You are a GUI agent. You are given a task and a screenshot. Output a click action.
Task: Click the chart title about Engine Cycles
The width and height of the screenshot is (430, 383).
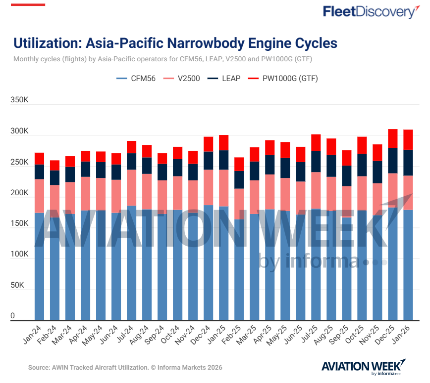click(175, 43)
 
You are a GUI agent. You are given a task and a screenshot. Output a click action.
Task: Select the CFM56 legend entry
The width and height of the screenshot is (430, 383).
click(137, 78)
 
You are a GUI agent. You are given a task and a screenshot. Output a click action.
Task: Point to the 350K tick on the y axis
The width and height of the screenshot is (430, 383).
click(20, 100)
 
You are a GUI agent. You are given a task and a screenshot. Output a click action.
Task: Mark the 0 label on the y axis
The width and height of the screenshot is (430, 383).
click(13, 316)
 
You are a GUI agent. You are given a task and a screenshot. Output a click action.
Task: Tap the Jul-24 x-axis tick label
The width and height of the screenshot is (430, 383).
click(126, 334)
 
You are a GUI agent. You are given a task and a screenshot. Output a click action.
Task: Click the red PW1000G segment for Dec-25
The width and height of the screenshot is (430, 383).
click(393, 138)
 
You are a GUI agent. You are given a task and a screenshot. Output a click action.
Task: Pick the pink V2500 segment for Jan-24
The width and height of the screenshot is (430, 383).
click(40, 196)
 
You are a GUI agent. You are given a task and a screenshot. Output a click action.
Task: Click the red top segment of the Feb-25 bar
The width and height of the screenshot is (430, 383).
click(239, 164)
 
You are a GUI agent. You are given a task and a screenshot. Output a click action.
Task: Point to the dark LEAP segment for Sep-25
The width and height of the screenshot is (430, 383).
click(347, 176)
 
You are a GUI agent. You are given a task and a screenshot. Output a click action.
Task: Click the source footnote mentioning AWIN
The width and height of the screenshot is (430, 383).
click(125, 368)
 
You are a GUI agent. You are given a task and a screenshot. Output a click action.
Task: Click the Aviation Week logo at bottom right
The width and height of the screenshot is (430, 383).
click(364, 367)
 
